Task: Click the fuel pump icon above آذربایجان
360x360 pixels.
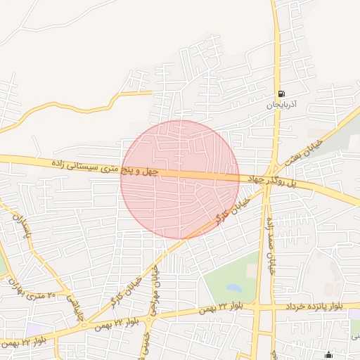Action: click(281, 94)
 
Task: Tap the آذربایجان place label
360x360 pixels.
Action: click(282, 105)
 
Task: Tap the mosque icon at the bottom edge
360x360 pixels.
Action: click(328, 355)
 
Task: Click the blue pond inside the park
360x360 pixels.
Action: click(234, 288)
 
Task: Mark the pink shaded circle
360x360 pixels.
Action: click(180, 179)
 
